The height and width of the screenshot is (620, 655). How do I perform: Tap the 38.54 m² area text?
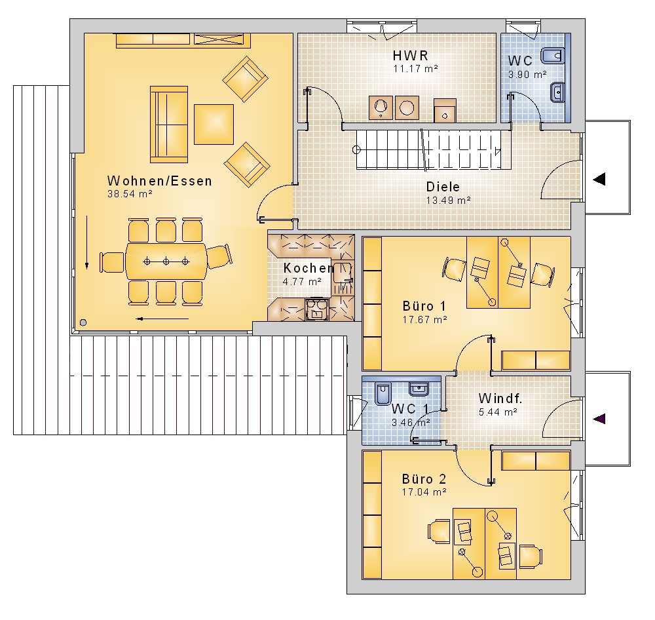pyautogui.click(x=130, y=194)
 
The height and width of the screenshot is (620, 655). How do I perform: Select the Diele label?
pyautogui.click(x=443, y=187)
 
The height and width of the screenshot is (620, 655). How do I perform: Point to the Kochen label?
pyautogui.click(x=309, y=268)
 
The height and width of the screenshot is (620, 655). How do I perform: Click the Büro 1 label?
pyautogui.click(x=424, y=306)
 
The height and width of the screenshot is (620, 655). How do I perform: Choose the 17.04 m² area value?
pyautogui.click(x=424, y=492)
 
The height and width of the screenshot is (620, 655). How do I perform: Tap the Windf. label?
pyautogui.click(x=500, y=398)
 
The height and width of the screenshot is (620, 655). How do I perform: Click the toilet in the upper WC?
pyautogui.click(x=553, y=55)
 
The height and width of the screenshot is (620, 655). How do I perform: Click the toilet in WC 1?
pyautogui.click(x=383, y=393)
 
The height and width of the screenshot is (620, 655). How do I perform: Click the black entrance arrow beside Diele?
pyautogui.click(x=599, y=180)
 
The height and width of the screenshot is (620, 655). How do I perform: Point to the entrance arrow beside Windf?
pyautogui.click(x=599, y=419)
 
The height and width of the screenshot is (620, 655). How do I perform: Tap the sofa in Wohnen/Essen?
pyautogui.click(x=169, y=124)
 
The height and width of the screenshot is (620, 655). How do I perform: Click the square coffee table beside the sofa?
pyautogui.click(x=214, y=124)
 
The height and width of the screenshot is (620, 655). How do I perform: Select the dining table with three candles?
pyautogui.click(x=166, y=262)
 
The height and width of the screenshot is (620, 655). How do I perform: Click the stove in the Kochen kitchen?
pyautogui.click(x=318, y=309)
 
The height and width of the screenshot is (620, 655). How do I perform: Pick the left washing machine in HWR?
pyautogui.click(x=381, y=107)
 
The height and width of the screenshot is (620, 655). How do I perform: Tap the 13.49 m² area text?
pyautogui.click(x=448, y=201)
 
